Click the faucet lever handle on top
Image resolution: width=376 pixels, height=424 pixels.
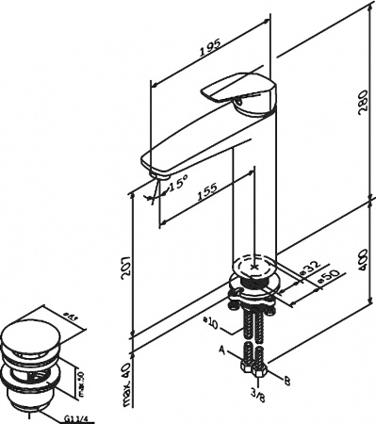point(237,90)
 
